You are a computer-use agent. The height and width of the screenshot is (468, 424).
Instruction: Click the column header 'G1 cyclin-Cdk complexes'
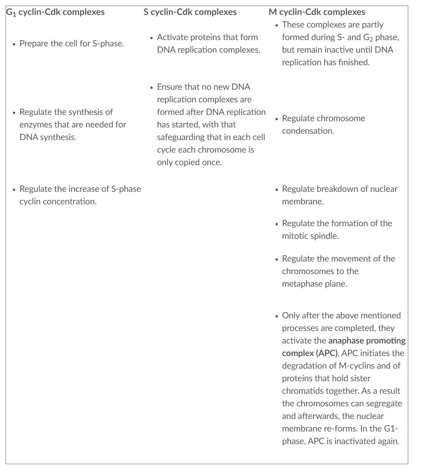(55, 12)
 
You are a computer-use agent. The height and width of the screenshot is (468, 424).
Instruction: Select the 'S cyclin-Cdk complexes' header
(190, 12)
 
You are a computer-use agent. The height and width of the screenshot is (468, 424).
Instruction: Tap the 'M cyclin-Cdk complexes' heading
(317, 12)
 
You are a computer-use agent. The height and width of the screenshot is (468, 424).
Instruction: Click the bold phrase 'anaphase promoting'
(367, 341)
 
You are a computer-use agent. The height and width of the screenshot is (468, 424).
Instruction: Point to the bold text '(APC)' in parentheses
(327, 353)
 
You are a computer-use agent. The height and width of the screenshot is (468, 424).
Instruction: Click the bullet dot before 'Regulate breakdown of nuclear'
(277, 189)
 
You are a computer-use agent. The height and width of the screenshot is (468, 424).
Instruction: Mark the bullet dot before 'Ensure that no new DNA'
(152, 87)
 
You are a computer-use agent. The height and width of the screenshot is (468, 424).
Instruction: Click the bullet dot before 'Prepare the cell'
(14, 44)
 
